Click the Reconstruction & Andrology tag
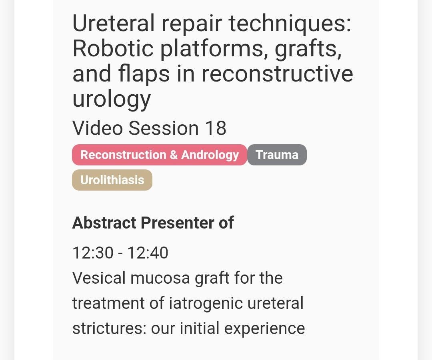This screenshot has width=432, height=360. pyautogui.click(x=160, y=155)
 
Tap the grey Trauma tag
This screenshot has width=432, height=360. pyautogui.click(x=277, y=155)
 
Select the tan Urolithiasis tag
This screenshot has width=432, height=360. pyautogui.click(x=112, y=180)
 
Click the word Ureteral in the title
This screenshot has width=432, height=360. pyautogui.click(x=114, y=24)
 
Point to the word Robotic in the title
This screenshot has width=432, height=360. pyautogui.click(x=113, y=48)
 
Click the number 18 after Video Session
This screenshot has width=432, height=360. pyautogui.click(x=216, y=128)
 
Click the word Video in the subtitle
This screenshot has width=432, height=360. pyautogui.click(x=98, y=128)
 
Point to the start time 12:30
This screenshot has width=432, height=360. pyautogui.click(x=93, y=253)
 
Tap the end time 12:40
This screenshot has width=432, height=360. pyautogui.click(x=148, y=253)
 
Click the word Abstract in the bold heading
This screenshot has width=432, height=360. pyautogui.click(x=104, y=223)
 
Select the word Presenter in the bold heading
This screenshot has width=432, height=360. pyautogui.click(x=178, y=223)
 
